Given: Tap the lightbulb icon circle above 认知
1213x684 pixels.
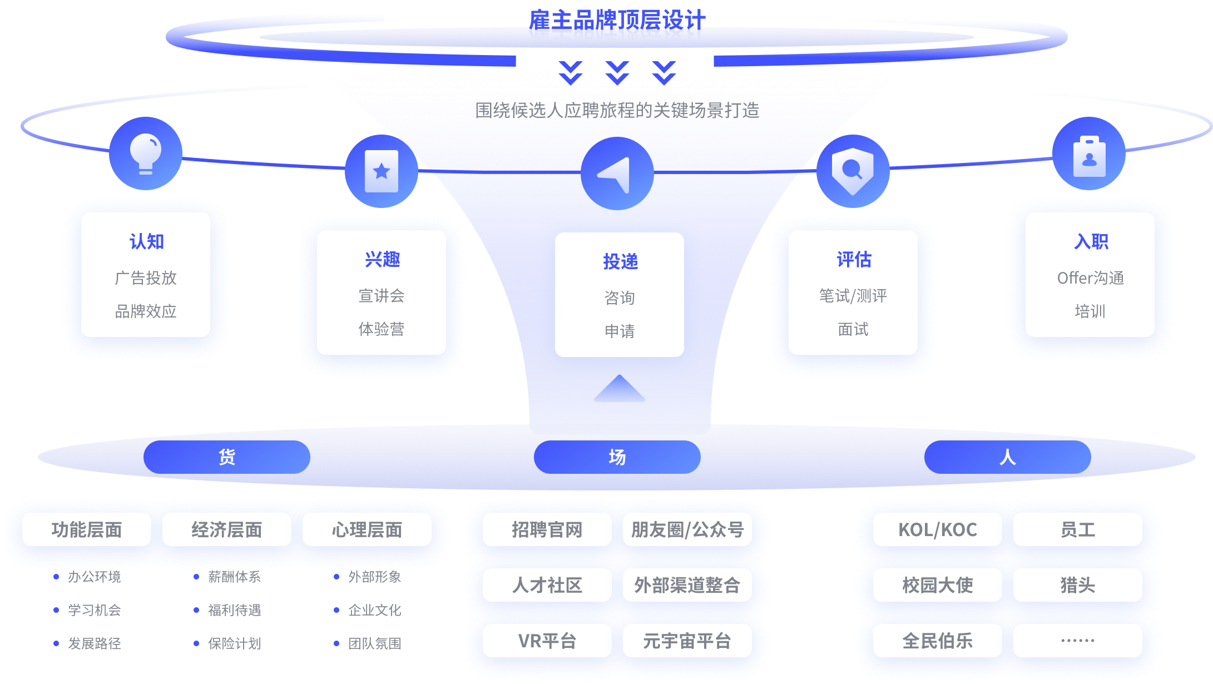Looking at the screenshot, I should (146, 153).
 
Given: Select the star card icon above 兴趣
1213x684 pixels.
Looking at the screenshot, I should (382, 171).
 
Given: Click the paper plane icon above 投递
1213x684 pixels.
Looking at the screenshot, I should (617, 174).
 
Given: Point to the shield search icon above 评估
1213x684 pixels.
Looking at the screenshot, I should (853, 171).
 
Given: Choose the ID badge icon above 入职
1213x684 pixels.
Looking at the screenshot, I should (1088, 154).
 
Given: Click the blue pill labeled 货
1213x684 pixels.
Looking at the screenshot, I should (226, 457).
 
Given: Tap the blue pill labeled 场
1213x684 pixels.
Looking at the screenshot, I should (617, 457).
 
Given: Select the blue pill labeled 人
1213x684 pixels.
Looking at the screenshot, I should (1007, 457).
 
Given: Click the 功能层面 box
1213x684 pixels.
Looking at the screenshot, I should (86, 529).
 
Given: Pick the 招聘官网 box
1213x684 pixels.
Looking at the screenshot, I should (547, 529).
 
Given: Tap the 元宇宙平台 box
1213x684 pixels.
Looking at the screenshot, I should (687, 641).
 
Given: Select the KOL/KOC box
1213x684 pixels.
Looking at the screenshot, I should (937, 529).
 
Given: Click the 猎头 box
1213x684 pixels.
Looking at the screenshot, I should (1077, 585).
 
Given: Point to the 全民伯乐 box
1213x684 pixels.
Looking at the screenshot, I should (937, 641).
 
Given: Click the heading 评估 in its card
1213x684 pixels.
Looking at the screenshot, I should (853, 260).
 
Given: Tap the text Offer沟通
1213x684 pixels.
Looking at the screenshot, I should (1090, 277).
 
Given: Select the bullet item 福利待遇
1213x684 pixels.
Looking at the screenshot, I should (234, 610).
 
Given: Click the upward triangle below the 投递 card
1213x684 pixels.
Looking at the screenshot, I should (619, 389).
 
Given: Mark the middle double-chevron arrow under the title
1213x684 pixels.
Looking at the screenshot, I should (617, 73).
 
